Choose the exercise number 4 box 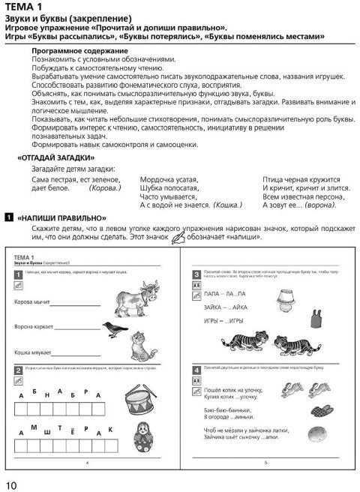[196, 369]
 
